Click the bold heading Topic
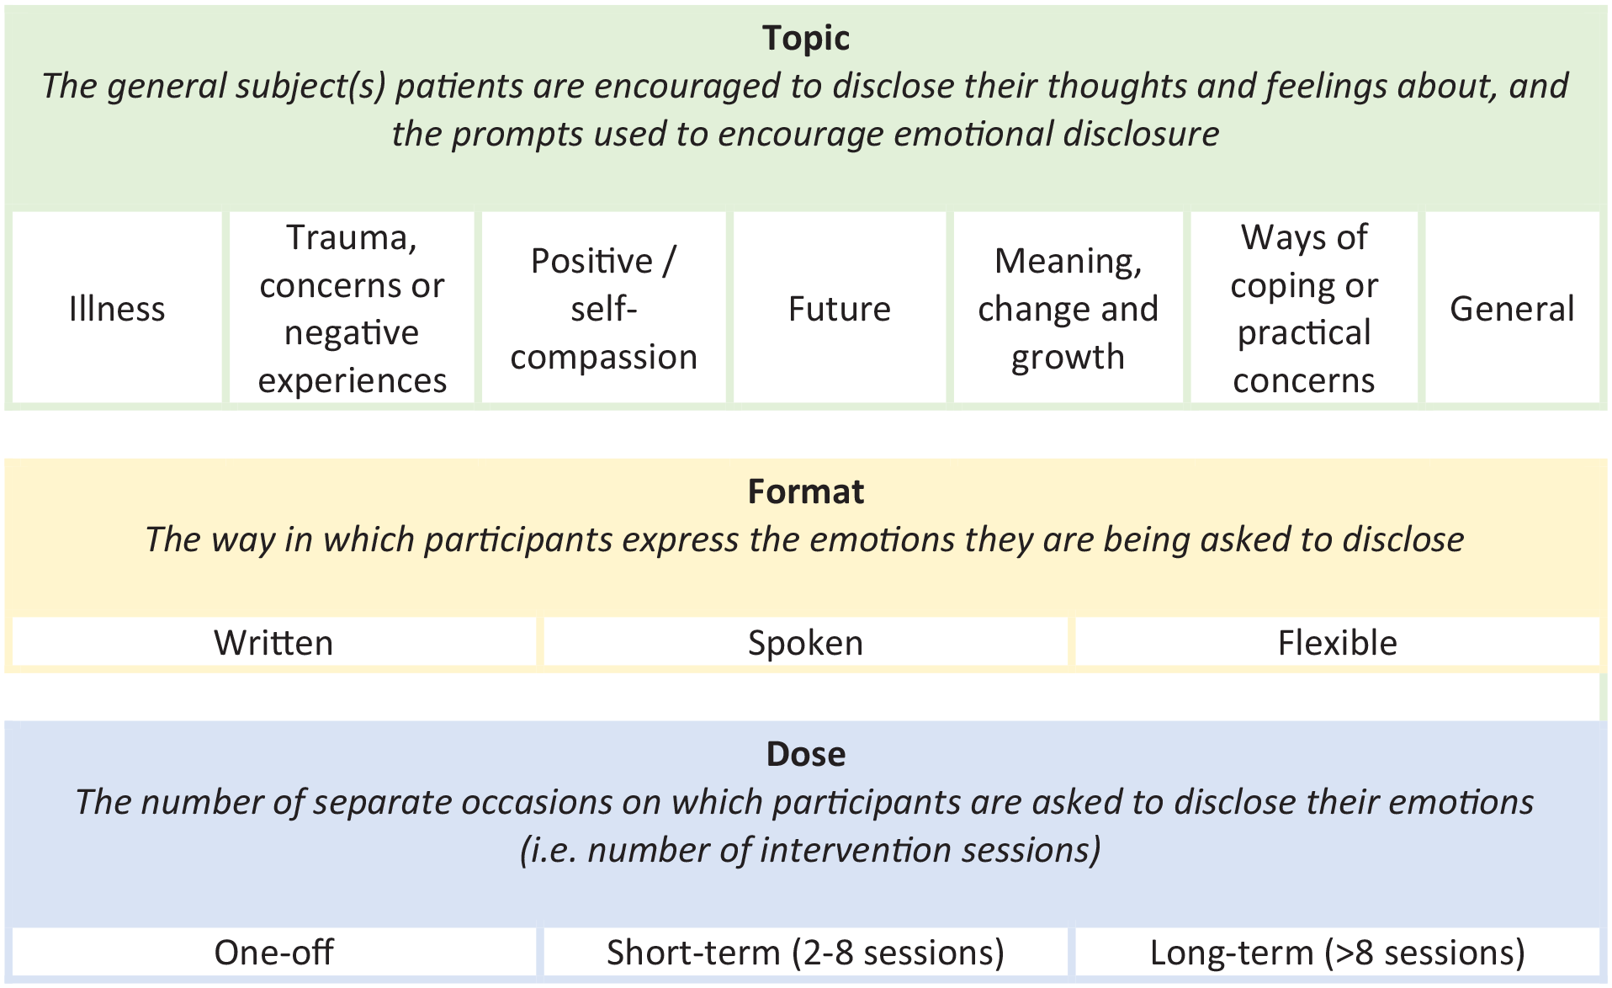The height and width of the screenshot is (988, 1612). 805,39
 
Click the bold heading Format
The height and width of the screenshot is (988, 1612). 805,491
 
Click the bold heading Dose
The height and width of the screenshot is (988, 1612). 805,754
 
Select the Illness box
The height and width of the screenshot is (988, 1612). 117,307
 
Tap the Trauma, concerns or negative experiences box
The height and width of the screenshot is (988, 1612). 352,307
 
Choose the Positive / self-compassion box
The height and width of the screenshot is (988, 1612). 603,307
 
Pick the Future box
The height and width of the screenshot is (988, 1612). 840,307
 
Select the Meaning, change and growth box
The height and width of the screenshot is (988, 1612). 1068,307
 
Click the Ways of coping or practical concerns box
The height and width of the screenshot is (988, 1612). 1304,307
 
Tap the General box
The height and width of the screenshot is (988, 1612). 1512,307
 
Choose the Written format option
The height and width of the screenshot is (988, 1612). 274,642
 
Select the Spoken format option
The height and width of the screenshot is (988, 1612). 805,642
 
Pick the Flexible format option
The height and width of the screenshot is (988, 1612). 1337,642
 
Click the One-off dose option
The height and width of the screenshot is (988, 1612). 274,952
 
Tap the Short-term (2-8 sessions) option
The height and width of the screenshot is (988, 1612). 805,952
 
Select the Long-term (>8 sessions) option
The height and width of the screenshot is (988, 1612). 1337,952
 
